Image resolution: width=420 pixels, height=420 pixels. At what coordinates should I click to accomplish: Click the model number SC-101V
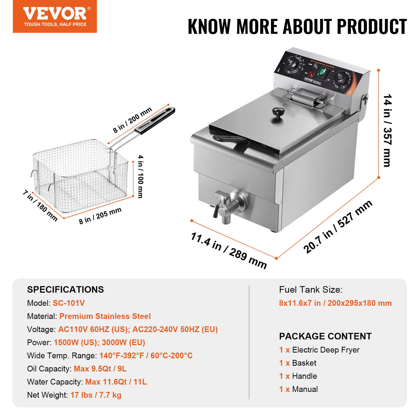pyautogui.click(x=69, y=303)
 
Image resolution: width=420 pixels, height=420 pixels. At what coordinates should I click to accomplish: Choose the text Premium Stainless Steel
pyautogui.click(x=105, y=316)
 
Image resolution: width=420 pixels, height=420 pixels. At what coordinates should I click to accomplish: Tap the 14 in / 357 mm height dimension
pyautogui.click(x=387, y=130)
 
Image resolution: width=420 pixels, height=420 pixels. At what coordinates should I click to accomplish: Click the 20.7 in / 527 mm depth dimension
pyautogui.click(x=338, y=227)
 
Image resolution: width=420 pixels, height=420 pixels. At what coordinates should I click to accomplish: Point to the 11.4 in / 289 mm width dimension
pyautogui.click(x=229, y=250)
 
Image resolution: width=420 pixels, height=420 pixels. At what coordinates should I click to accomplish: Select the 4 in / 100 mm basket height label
pyautogui.click(x=141, y=176)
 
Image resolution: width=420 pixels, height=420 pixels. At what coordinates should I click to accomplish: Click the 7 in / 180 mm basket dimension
pyautogui.click(x=40, y=206)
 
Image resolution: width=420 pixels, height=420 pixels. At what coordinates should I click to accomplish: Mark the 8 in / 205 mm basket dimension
pyautogui.click(x=100, y=216)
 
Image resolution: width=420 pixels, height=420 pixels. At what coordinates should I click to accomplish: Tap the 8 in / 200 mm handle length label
pyautogui.click(x=133, y=120)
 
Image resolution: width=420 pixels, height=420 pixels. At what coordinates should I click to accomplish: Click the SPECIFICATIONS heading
pyautogui.click(x=65, y=290)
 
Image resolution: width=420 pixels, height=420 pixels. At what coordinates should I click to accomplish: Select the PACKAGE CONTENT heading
pyautogui.click(x=325, y=336)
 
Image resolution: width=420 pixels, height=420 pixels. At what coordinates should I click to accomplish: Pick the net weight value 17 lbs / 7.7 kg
pyautogui.click(x=96, y=395)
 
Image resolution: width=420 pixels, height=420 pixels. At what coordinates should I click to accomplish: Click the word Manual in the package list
pyautogui.click(x=305, y=389)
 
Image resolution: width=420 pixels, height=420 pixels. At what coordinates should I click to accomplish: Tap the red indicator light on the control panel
pyautogui.click(x=311, y=74)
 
